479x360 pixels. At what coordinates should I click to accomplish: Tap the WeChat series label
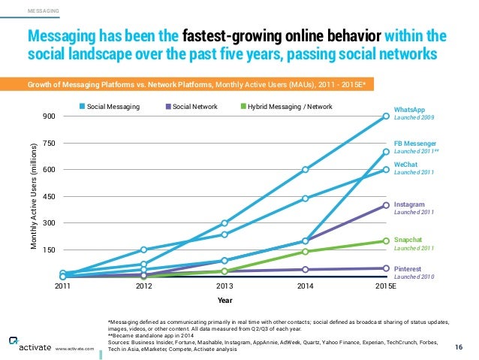point(407,162)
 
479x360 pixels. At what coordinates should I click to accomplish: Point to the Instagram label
point(410,204)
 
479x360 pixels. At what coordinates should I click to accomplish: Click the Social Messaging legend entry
point(113,107)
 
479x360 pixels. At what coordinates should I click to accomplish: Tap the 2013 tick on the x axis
point(224,286)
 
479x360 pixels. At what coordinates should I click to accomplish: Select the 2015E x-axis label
point(385,286)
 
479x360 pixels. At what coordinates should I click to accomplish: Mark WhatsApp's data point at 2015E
point(386,116)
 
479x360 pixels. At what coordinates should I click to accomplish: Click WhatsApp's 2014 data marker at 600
point(306,170)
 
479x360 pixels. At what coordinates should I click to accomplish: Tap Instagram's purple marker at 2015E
point(386,205)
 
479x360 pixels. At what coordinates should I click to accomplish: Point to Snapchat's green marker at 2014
point(306,252)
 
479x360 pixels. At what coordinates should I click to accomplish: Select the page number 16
point(459,346)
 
